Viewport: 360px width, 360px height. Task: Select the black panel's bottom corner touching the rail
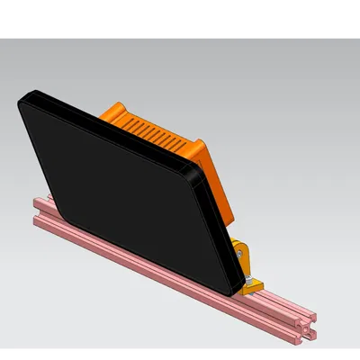(x=236, y=290)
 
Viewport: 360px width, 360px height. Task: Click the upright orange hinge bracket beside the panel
(x=239, y=256)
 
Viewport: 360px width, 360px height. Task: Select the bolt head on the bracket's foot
(x=249, y=287)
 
